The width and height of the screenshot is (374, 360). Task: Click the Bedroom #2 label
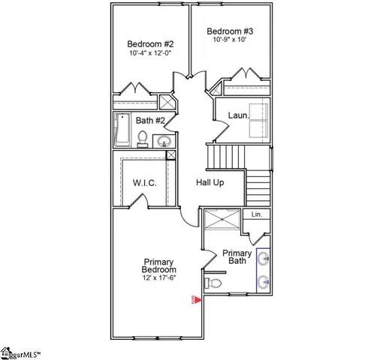pyautogui.click(x=150, y=43)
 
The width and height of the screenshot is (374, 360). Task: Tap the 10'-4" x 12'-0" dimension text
pyautogui.click(x=150, y=54)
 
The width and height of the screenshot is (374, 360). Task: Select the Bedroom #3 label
pyautogui.click(x=231, y=31)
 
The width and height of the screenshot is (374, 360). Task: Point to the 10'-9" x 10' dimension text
pyautogui.click(x=228, y=40)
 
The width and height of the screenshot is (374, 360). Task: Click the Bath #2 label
pyautogui.click(x=150, y=119)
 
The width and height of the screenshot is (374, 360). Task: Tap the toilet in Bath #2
pyautogui.click(x=143, y=136)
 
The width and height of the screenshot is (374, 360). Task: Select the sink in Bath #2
pyautogui.click(x=164, y=139)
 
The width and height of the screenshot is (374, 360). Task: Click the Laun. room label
pyautogui.click(x=239, y=115)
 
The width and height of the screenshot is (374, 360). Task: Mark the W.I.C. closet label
pyautogui.click(x=144, y=182)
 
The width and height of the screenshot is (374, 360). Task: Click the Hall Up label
pyautogui.click(x=210, y=182)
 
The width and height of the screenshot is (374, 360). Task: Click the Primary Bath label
pyautogui.click(x=237, y=257)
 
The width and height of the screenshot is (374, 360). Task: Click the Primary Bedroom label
pyautogui.click(x=159, y=265)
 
